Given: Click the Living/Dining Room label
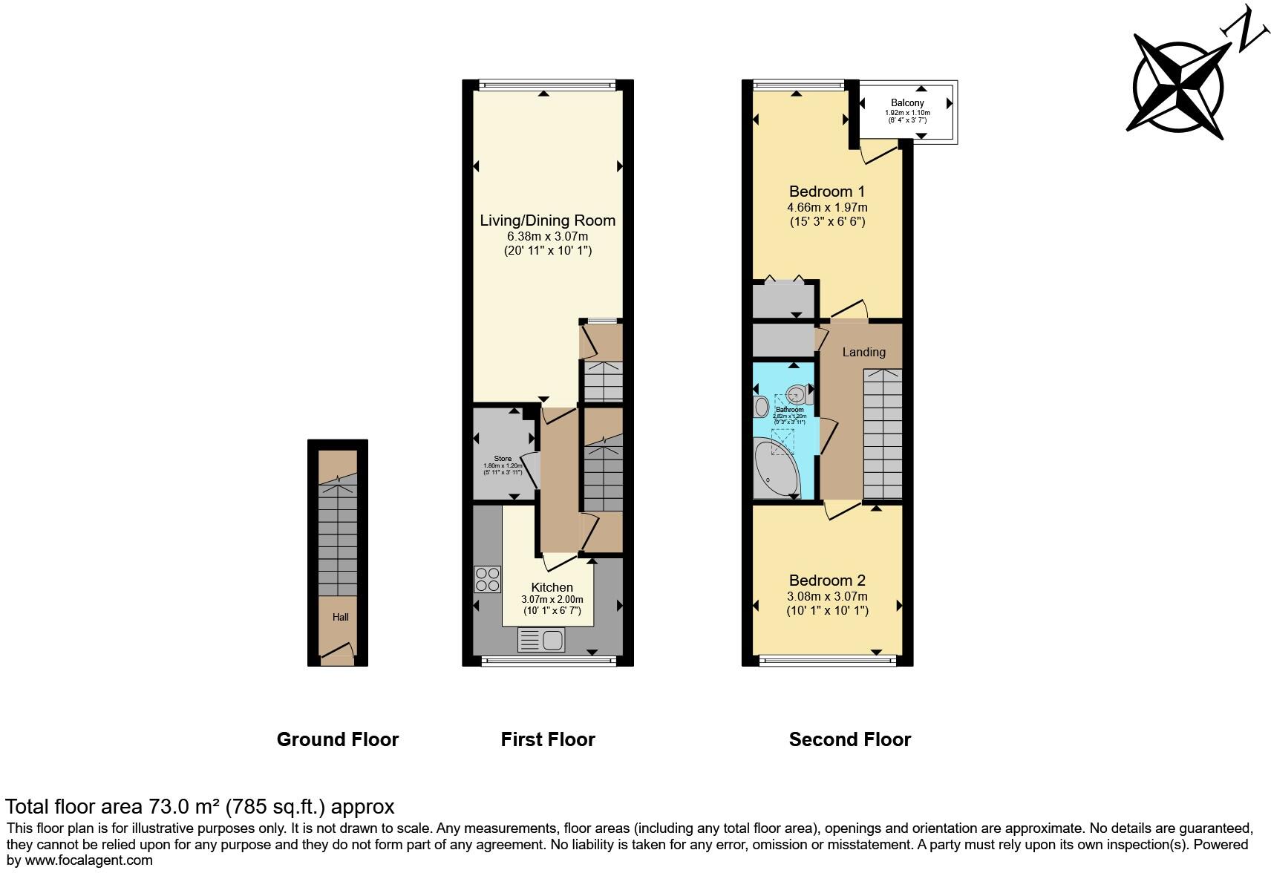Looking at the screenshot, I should pyautogui.click(x=547, y=220).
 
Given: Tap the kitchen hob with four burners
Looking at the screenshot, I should pyautogui.click(x=487, y=579).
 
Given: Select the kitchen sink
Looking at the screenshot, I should pyautogui.click(x=542, y=639).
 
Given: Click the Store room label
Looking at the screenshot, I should pyautogui.click(x=503, y=459).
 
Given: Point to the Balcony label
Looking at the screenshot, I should pyautogui.click(x=907, y=103).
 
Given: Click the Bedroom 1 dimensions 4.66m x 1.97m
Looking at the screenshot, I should pyautogui.click(x=827, y=207).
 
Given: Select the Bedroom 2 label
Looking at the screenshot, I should pyautogui.click(x=827, y=581).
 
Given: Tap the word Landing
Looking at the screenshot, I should pyautogui.click(x=863, y=352).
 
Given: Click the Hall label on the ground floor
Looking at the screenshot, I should pyautogui.click(x=340, y=617).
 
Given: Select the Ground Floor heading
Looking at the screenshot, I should pyautogui.click(x=337, y=739).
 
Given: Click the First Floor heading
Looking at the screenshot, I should pyautogui.click(x=548, y=739).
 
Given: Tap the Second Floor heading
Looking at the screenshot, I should pyautogui.click(x=849, y=739).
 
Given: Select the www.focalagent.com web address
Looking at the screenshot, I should pyautogui.click(x=87, y=860).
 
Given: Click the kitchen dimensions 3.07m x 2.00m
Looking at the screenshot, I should pyautogui.click(x=552, y=600).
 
